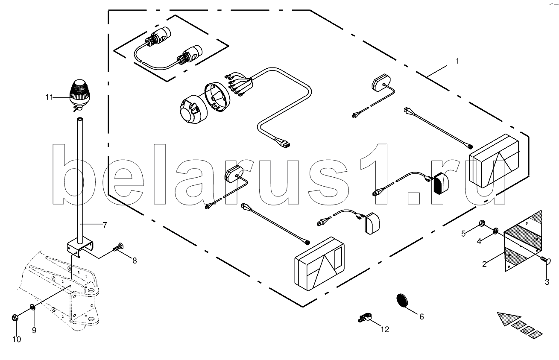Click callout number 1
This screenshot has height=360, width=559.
tap(457, 61)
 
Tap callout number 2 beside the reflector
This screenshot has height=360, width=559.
tap(484, 264)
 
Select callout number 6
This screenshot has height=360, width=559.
tap(421, 316)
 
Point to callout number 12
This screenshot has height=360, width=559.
tap(385, 329)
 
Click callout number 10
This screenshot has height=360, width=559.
tap(16, 340)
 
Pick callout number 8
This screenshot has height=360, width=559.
tap(135, 260)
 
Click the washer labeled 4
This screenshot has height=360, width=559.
tap(495, 231)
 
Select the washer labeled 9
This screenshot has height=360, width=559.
tap(32, 307)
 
